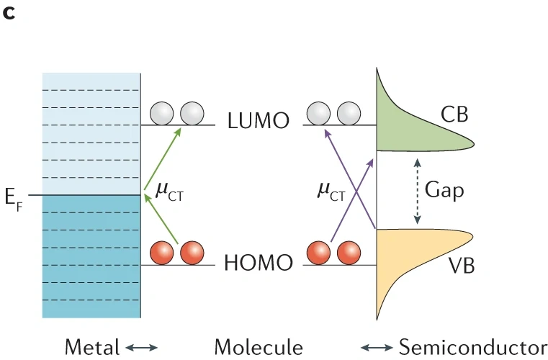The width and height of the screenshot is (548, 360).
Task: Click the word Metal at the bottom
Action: [x=91, y=347]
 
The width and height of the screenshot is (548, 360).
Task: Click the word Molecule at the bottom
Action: [x=259, y=347]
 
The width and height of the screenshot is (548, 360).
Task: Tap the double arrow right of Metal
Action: [x=143, y=348]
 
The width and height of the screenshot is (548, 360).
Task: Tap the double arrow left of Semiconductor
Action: [x=377, y=348]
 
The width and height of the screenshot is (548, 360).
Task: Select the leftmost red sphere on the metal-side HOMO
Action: [x=163, y=253]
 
